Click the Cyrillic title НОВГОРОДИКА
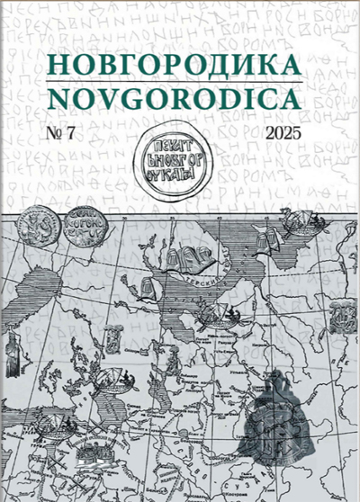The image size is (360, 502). click(x=179, y=64)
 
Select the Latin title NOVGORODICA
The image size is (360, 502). click(x=179, y=98)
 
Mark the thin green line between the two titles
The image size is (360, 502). click(x=179, y=81)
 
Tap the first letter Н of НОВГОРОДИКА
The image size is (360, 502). click(x=54, y=64)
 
